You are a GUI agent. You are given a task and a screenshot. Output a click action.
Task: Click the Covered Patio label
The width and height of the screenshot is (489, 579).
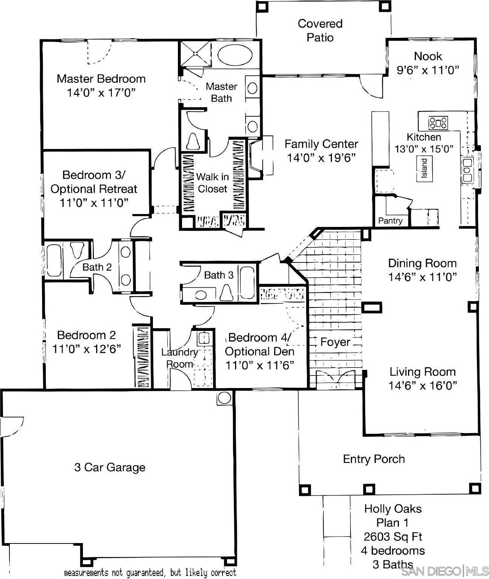pos(320,31)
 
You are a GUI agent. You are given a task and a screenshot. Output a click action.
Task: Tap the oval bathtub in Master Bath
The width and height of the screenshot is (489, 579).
pos(235,54)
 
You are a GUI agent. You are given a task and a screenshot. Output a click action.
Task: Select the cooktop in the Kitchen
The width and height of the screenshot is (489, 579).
pos(438,123)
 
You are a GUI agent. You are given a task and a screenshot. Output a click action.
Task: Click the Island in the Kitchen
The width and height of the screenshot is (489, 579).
pos(424,168)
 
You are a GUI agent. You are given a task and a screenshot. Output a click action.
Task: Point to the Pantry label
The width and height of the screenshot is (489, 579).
pos(390,221)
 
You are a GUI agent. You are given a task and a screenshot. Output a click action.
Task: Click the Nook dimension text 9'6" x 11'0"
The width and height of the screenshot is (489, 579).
pos(428,70)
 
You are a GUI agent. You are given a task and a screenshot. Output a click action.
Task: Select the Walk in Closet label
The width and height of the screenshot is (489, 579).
pos(212,183)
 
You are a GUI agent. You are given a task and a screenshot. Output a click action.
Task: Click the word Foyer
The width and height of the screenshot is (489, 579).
pos(335,342)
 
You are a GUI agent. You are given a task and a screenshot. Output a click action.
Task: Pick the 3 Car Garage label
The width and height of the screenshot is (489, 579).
pos(110,467)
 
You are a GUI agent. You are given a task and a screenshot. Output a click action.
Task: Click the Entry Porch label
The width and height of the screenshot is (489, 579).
pos(374,459)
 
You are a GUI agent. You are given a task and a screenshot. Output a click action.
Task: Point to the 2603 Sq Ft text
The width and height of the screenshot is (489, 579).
pos(393,537)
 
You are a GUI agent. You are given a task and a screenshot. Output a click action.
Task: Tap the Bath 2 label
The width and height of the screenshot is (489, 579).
pos(97,267)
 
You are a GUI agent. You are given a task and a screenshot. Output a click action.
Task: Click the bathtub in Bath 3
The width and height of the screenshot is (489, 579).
pos(247,283)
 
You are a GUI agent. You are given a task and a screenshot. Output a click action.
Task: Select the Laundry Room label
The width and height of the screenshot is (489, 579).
pos(179,358)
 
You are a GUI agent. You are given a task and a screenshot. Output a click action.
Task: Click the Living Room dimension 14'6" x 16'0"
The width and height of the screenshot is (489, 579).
pos(422,385)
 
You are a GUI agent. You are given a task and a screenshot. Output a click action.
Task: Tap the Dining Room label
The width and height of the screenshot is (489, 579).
pos(422,263)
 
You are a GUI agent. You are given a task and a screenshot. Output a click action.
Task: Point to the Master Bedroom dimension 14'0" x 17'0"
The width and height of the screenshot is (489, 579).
pos(101,93)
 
